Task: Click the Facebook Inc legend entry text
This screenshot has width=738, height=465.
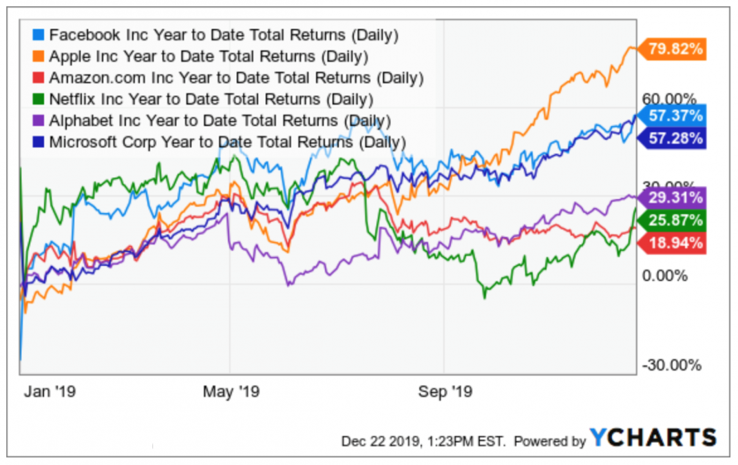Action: coord(224,34)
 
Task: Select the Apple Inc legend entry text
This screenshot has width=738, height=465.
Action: coord(209,55)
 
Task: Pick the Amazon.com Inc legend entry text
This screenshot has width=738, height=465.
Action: coord(236,77)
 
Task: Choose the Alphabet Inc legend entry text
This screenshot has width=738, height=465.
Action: coord(220,121)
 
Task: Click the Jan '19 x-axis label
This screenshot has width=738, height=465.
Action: coord(50,392)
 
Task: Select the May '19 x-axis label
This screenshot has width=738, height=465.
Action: coord(231,392)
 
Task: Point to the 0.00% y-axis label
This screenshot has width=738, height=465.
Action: coord(664,276)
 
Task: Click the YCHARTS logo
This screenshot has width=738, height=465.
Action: coord(653,437)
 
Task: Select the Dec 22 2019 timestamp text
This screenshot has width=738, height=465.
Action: coord(423,441)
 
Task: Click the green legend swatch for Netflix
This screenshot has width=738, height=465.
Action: coord(40,99)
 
